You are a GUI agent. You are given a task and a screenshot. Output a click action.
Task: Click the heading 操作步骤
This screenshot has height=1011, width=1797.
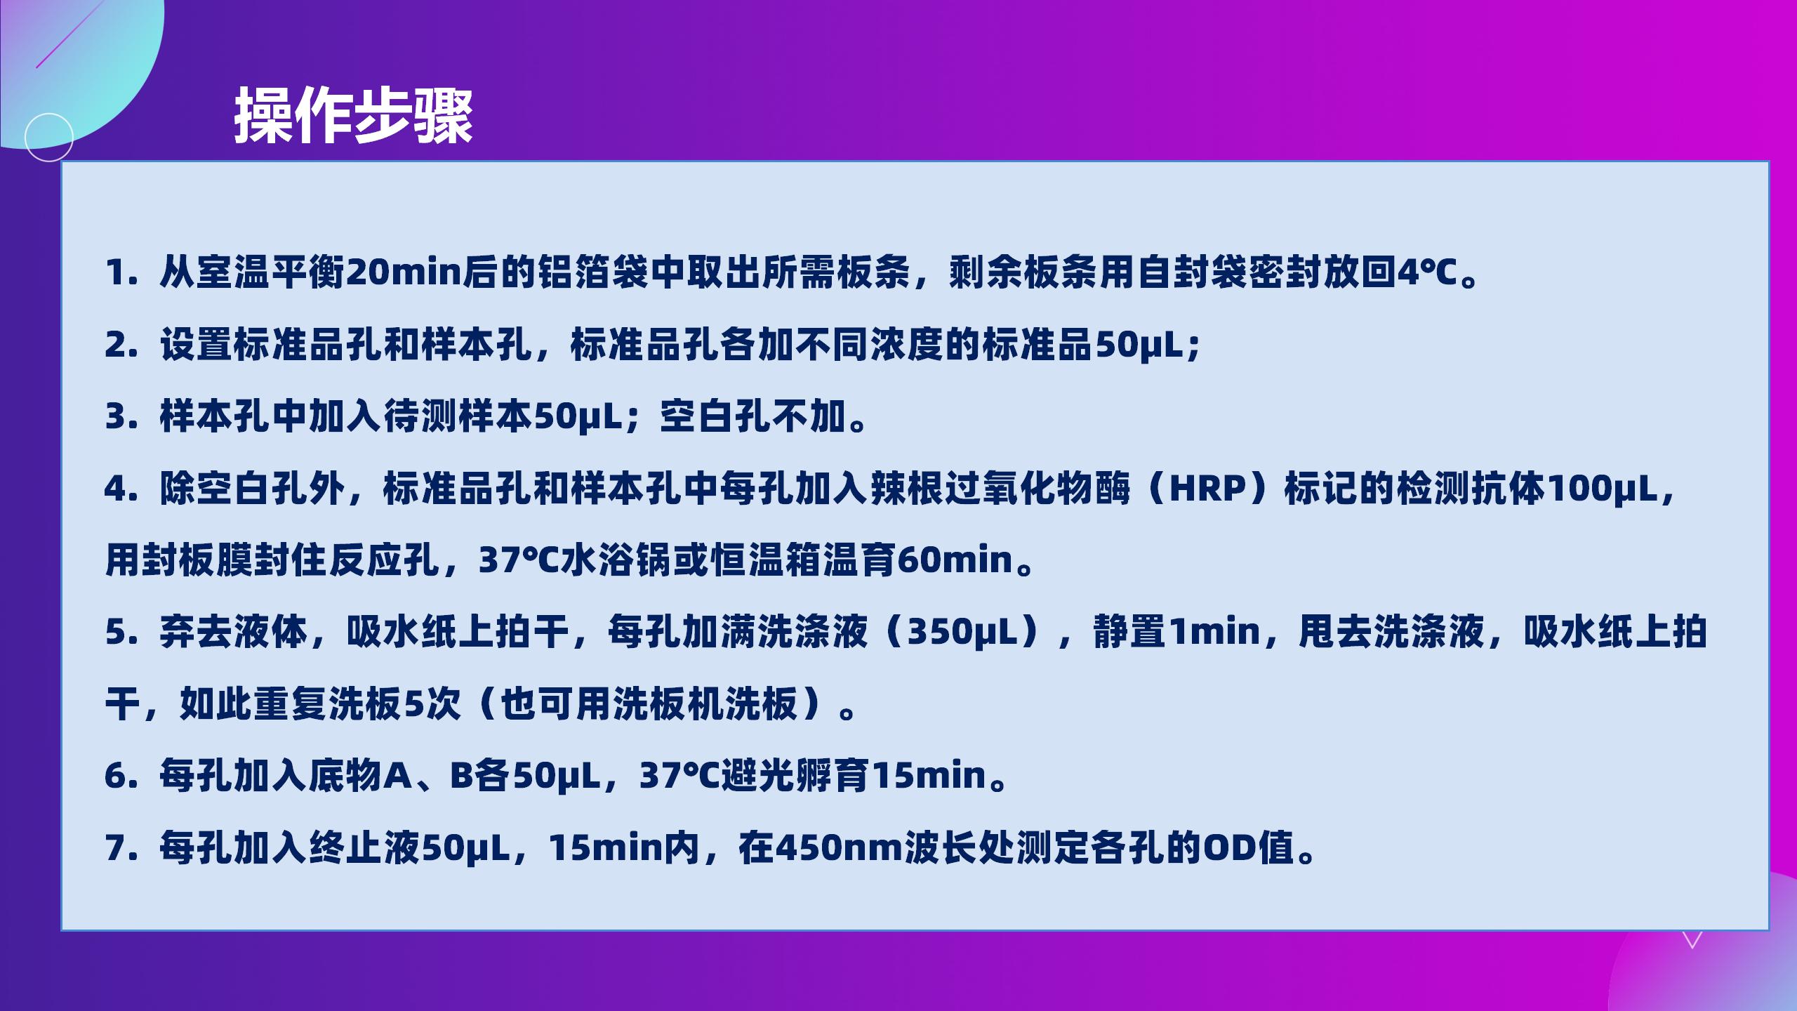pyautogui.click(x=353, y=117)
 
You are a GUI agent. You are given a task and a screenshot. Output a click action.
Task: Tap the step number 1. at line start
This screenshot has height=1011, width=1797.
pyautogui.click(x=119, y=273)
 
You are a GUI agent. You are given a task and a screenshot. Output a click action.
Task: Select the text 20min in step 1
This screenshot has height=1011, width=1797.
pyautogui.click(x=403, y=273)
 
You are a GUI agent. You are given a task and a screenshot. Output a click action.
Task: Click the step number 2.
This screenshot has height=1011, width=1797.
pyautogui.click(x=120, y=345)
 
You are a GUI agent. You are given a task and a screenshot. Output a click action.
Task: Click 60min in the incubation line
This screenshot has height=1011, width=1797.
pyautogui.click(x=955, y=561)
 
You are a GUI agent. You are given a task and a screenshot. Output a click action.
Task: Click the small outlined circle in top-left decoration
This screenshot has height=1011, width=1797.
pyautogui.click(x=48, y=137)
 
